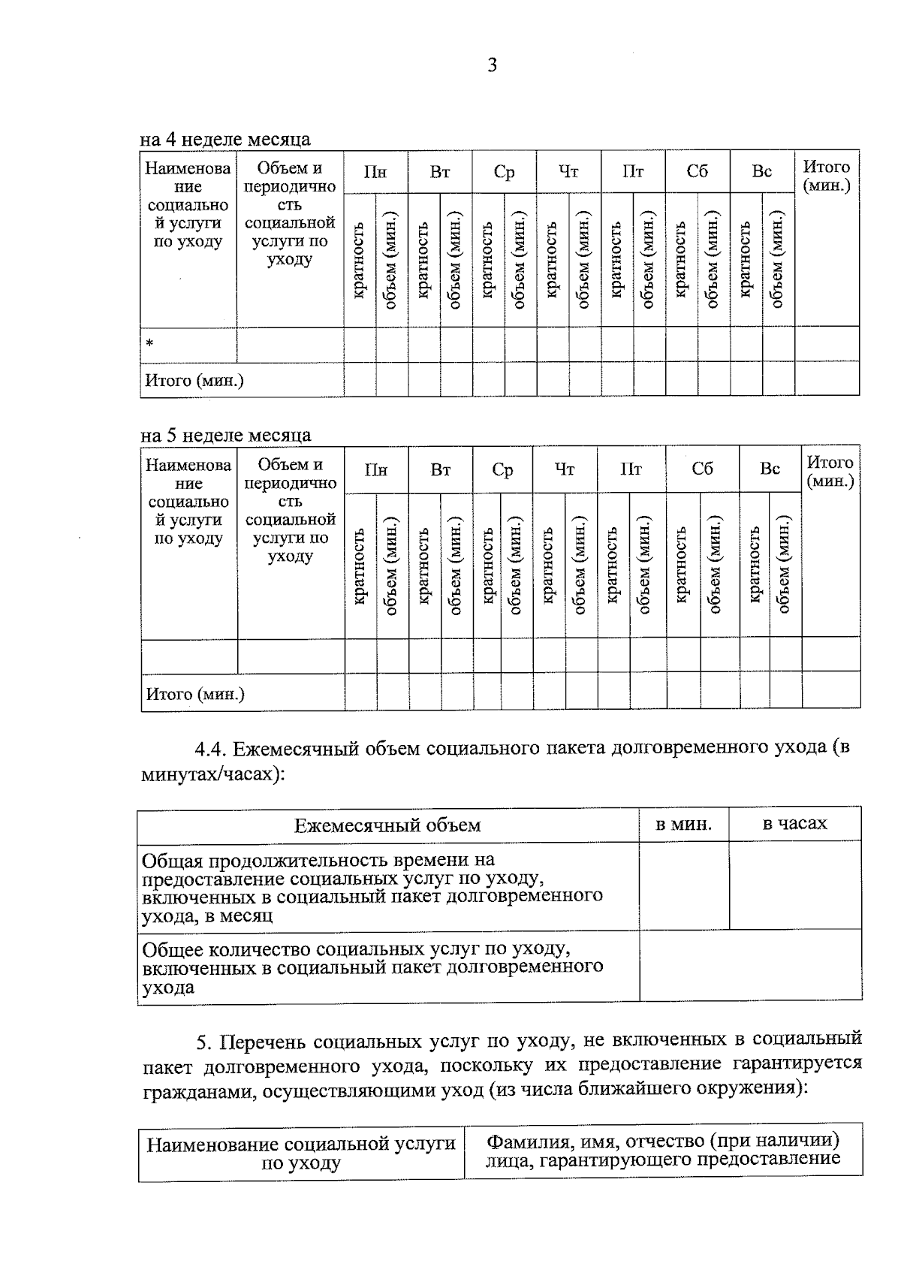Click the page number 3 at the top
pos(492,66)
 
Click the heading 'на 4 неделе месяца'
pos(225,139)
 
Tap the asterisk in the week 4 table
pos(149,344)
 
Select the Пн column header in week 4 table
pos(375,172)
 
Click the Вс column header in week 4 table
pos(761,172)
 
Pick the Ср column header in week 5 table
pos(502,470)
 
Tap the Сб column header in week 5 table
pos(702,469)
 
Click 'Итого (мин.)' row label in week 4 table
pos(194,381)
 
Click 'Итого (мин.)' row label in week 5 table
pos(195,694)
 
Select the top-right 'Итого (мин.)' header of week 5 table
pos(830,472)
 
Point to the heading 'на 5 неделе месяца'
pos(226,436)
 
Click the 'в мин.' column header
pos(683,824)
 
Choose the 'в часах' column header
pos(794,823)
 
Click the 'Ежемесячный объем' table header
pos(387,825)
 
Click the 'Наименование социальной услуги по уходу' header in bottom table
pos(301,1153)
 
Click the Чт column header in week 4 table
pos(568,172)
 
